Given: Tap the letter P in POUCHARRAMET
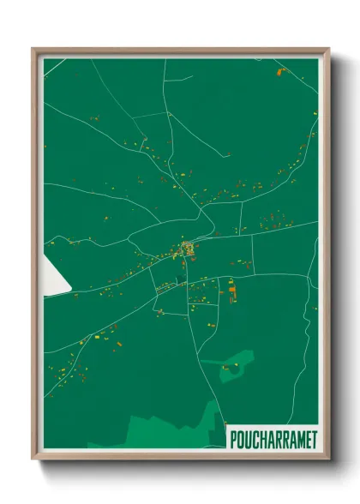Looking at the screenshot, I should pos(233,438).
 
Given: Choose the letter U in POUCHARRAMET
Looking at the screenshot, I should pos(247,438).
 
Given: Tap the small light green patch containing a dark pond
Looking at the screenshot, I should pos(235,368).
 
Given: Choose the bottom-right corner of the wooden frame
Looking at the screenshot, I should pos(328,459).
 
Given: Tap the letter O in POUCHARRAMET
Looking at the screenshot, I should pos(240,438).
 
